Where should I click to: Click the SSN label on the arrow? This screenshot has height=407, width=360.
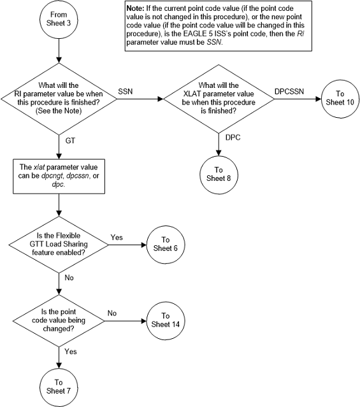[x=126, y=92]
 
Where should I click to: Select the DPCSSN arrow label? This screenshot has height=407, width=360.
[x=291, y=92]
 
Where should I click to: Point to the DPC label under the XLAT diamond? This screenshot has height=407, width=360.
[x=233, y=136]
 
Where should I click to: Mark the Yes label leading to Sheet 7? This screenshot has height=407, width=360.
[x=71, y=350]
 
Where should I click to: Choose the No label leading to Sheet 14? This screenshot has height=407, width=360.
[x=112, y=312]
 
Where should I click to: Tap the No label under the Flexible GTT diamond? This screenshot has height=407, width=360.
[x=70, y=278]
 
